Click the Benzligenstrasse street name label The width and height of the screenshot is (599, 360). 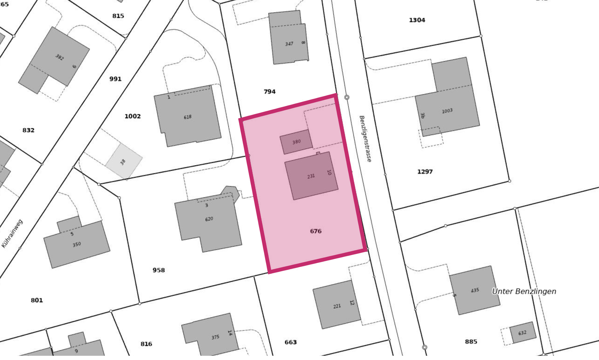pos(365,139)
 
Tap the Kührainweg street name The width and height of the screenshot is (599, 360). pos(12,233)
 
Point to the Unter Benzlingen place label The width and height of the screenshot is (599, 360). pos(524,291)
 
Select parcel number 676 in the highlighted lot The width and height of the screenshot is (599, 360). pos(316,231)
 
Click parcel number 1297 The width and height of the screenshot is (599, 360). pos(425,172)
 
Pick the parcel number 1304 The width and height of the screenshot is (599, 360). pos(417,20)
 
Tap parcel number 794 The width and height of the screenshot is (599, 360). pos(269,92)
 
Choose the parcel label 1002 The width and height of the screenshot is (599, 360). pos(132,116)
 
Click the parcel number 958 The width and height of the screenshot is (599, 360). pos(159,270)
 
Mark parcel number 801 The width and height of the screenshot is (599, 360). pos(37,300)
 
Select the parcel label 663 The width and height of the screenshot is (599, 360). pos(290,342)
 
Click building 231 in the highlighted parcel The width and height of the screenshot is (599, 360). pos(311,176)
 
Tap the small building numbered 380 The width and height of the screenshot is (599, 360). pos(296,142)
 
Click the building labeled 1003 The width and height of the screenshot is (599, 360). pos(447,111)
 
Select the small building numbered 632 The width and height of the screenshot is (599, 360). pos(522,333)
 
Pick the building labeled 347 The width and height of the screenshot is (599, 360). pos(289,44)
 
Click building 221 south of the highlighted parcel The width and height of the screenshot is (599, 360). pos(337,306)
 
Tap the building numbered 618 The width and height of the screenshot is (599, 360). pos(187,117)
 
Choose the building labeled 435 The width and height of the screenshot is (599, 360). pos(475,290)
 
